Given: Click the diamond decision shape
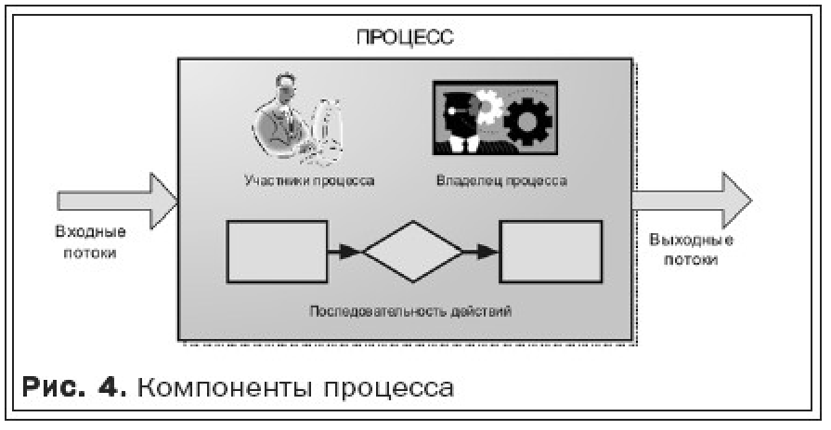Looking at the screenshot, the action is point(412,250).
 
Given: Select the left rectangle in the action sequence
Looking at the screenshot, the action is point(277,251).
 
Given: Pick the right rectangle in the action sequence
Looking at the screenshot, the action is point(547,251).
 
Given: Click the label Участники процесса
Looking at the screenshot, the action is point(309,180).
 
